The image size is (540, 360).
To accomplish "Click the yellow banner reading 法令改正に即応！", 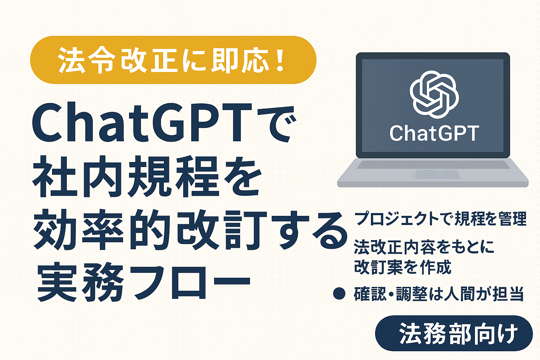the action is click(x=173, y=60).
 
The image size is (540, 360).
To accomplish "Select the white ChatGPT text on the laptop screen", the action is click(x=434, y=133).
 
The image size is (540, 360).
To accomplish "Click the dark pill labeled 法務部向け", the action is click(x=454, y=333).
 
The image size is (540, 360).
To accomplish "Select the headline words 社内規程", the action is click(x=125, y=177).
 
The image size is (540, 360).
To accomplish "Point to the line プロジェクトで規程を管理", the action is click(x=441, y=219).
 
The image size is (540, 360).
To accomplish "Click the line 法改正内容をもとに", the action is click(x=424, y=247).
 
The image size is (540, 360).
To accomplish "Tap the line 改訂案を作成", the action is click(x=403, y=267).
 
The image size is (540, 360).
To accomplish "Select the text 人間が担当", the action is click(x=484, y=294).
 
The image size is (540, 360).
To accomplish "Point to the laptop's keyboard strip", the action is click(x=433, y=165).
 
